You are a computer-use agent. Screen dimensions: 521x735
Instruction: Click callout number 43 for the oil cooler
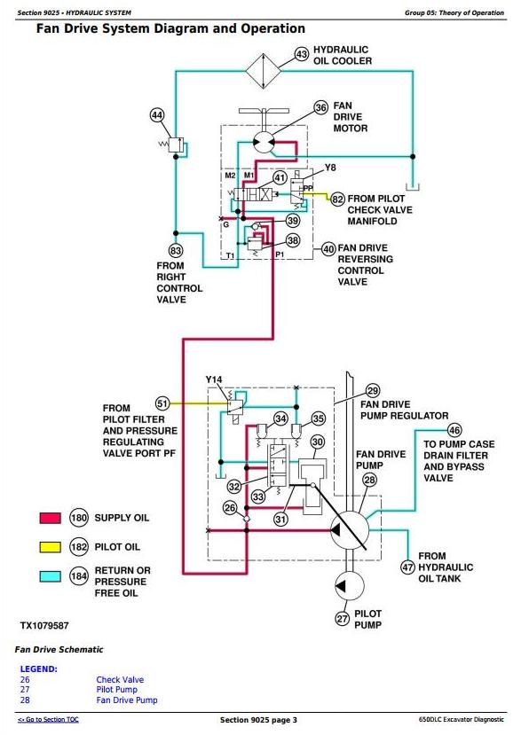click(x=302, y=55)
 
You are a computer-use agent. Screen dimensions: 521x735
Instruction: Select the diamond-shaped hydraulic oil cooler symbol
click(x=264, y=71)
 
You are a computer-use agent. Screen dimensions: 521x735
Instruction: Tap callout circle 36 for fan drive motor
click(x=321, y=108)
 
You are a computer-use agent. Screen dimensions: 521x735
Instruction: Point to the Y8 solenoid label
click(x=330, y=168)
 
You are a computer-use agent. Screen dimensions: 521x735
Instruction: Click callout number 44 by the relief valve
click(x=157, y=115)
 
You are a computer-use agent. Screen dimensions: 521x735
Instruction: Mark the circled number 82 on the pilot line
click(x=337, y=199)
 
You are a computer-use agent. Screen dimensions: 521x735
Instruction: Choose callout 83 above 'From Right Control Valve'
click(x=176, y=251)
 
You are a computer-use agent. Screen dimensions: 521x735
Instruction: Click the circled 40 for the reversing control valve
click(x=328, y=249)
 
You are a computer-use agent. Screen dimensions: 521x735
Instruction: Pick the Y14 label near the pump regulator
click(x=214, y=379)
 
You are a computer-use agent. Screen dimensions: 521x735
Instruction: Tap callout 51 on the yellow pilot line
click(x=162, y=403)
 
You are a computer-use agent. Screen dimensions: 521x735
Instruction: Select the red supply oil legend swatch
click(x=51, y=518)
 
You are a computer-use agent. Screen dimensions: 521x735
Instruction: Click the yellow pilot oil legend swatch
click(x=51, y=547)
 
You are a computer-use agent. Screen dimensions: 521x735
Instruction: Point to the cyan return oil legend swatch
click(x=51, y=576)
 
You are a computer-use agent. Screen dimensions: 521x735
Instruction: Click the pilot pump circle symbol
click(x=351, y=585)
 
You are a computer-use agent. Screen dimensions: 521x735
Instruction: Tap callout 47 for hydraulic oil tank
click(x=407, y=567)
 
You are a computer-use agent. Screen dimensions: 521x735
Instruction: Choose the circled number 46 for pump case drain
click(x=454, y=430)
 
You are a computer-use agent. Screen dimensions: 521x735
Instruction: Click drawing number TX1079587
click(x=44, y=625)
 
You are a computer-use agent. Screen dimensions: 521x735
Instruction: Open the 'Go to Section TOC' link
click(x=48, y=720)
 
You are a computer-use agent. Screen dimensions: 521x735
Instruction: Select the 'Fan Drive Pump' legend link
click(x=127, y=700)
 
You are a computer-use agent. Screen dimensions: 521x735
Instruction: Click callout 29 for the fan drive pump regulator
click(x=373, y=391)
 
